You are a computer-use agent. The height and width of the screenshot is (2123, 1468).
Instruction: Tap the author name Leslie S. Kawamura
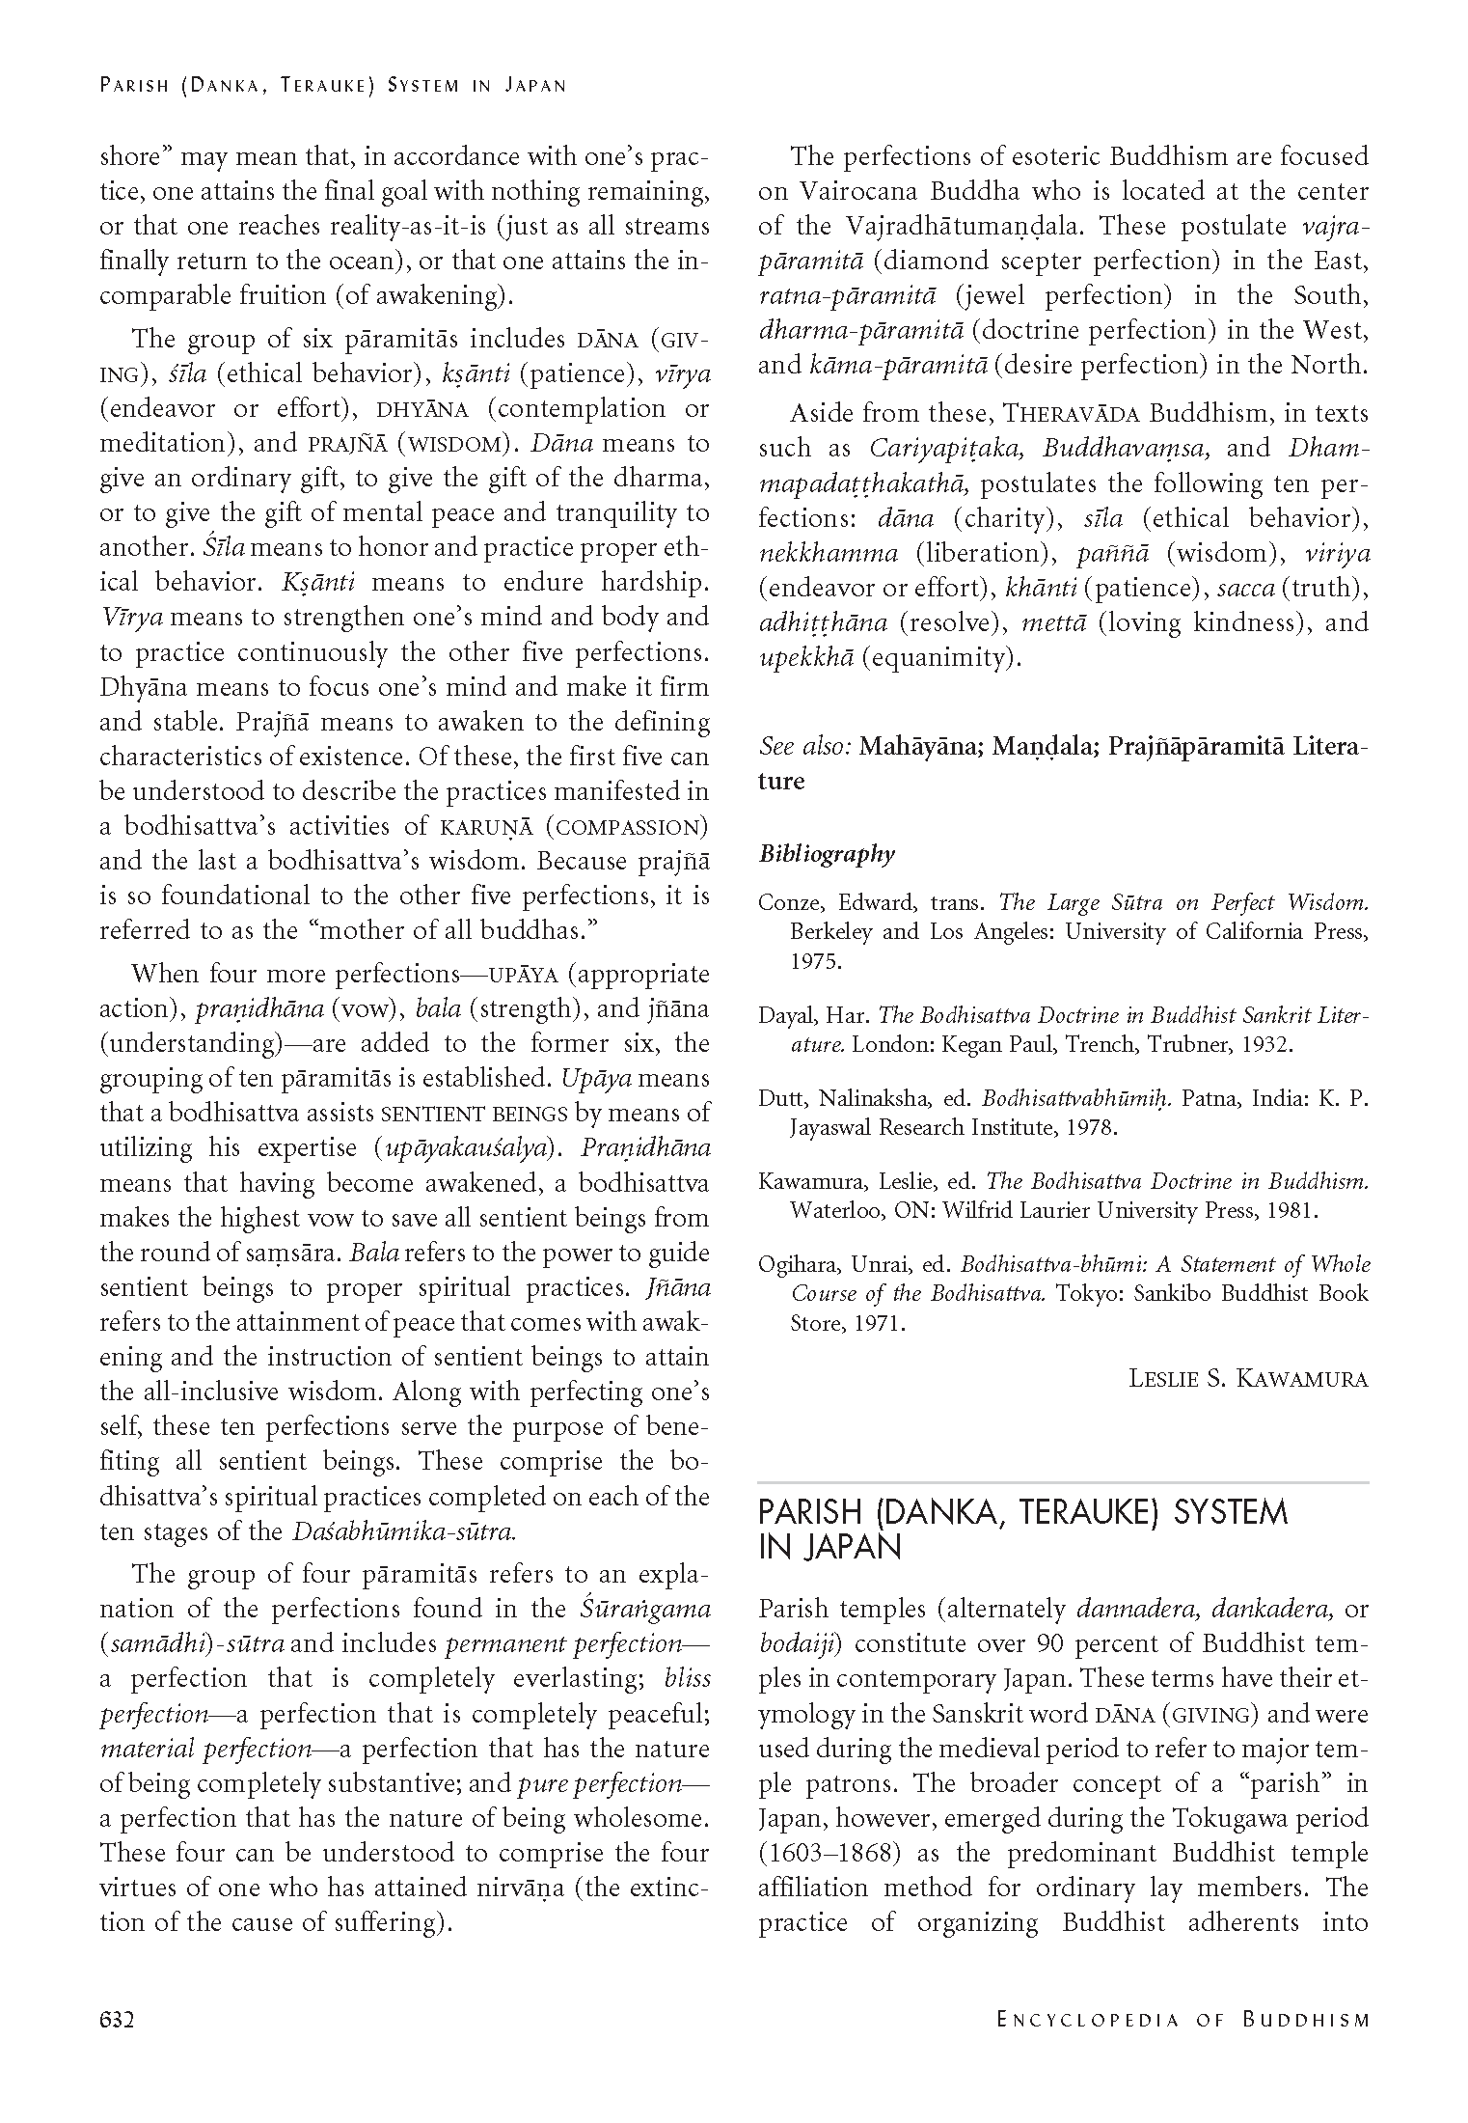coord(1248,1378)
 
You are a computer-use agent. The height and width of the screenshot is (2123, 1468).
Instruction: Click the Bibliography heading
coord(827,854)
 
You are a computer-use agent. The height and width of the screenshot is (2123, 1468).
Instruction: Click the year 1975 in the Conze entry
coord(816,961)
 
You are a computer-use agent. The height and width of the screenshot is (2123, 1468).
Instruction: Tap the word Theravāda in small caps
coord(1072,414)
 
